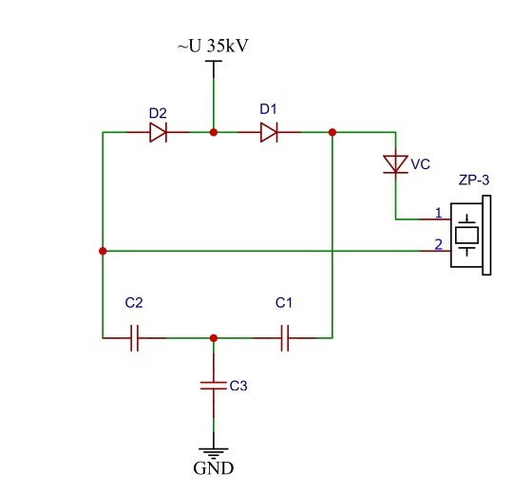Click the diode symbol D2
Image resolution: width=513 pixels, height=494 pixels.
(158, 132)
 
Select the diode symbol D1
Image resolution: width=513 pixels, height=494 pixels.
(269, 132)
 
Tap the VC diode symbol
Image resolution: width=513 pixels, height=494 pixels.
(395, 164)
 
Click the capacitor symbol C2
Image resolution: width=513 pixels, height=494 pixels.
(135, 338)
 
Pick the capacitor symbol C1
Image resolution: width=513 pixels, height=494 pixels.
(285, 338)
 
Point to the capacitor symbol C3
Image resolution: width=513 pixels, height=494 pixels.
(214, 386)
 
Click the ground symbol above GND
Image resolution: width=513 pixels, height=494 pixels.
(214, 453)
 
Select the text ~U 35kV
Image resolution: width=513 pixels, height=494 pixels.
(213, 46)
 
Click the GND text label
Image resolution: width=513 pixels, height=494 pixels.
(214, 468)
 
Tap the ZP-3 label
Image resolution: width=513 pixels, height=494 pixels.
(474, 180)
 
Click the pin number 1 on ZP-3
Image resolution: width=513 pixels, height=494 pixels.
(439, 213)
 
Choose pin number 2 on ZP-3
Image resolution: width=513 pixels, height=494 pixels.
(438, 244)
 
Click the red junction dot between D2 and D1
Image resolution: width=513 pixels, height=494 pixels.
(214, 132)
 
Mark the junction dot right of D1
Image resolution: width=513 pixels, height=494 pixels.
(332, 132)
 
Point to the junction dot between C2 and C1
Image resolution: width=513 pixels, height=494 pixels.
(214, 338)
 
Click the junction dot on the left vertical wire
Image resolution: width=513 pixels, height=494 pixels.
(103, 251)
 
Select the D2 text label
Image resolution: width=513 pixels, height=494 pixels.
(158, 113)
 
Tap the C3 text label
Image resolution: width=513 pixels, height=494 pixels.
(238, 386)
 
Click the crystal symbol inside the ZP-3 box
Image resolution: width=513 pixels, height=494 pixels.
(466, 235)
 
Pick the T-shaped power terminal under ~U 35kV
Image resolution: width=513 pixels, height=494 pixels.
(214, 68)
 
